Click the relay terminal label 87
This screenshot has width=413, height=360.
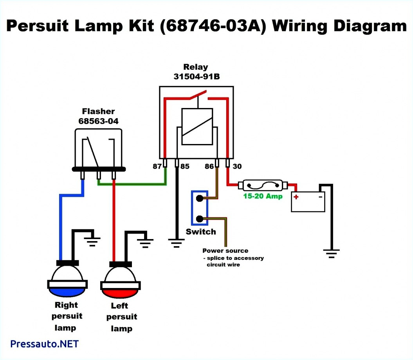click(157, 166)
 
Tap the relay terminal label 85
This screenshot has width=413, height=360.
click(185, 166)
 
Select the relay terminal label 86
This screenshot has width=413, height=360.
click(209, 166)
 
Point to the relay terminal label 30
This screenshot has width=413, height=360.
click(237, 166)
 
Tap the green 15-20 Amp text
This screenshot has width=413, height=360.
click(263, 196)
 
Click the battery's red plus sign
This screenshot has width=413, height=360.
click(296, 197)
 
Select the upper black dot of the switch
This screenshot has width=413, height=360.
click(199, 198)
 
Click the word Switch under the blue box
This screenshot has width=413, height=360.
click(201, 232)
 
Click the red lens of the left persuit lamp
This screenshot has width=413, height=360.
click(120, 292)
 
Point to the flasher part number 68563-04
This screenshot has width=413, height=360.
click(98, 121)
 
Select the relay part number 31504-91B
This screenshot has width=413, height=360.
click(197, 77)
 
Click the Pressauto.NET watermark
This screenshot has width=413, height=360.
click(44, 344)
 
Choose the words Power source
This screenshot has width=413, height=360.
click(225, 250)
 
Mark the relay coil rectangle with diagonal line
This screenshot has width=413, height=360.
click(197, 127)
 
